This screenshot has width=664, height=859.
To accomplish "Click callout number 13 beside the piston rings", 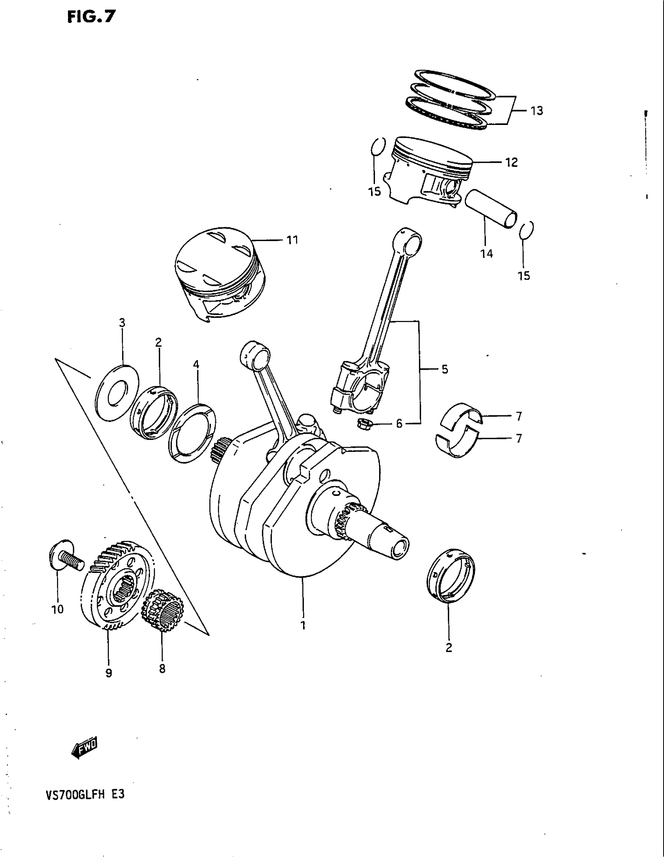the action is [x=537, y=111].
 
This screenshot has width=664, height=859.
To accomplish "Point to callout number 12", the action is [x=511, y=162].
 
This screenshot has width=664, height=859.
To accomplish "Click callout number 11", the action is [x=292, y=239].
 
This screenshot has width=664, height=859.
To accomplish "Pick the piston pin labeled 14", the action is [x=491, y=207].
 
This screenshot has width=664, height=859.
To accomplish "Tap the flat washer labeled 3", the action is [x=117, y=393].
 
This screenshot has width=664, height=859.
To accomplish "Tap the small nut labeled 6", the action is [x=362, y=424].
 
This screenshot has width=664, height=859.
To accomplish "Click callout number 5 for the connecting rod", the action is [x=444, y=369].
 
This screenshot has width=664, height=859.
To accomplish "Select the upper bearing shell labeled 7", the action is [x=462, y=416].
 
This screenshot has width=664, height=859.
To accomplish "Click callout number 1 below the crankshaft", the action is [x=303, y=626].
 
